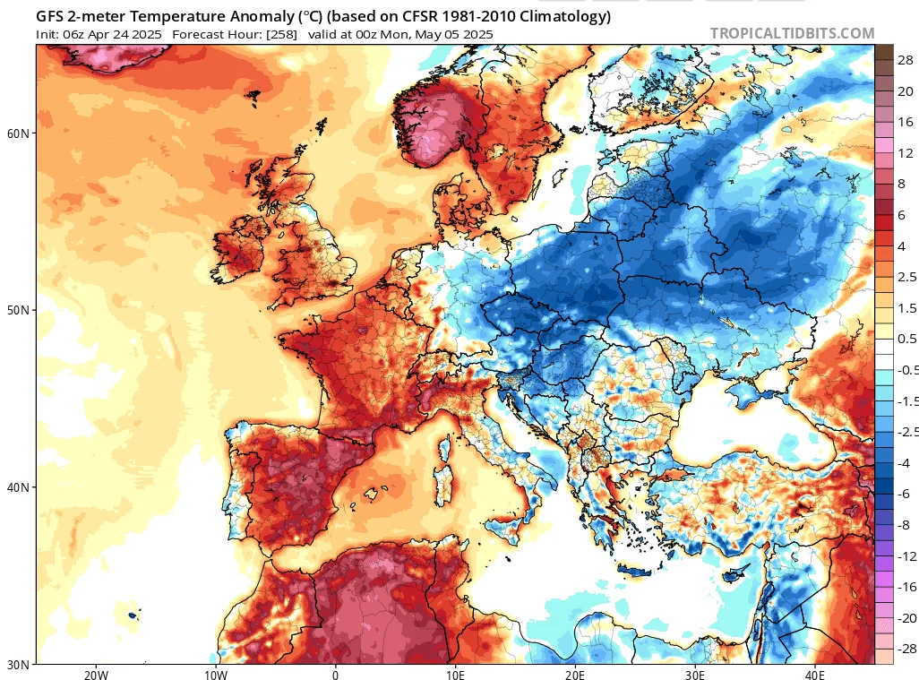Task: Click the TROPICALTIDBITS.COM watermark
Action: point(792,34)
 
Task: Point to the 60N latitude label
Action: point(18,133)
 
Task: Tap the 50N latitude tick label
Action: point(18,310)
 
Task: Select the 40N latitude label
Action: point(18,487)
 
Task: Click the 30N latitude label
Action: point(18,665)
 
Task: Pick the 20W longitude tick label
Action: point(96,675)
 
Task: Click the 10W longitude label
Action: point(216,675)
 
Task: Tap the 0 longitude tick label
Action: point(335,675)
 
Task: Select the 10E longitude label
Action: point(455,675)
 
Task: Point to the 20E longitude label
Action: point(575,675)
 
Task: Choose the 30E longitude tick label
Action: point(695,675)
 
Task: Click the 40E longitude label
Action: point(815,675)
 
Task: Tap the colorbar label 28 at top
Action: point(906,60)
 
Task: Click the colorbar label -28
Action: point(906,649)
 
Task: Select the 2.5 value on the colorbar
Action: point(906,277)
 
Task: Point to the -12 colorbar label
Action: point(906,556)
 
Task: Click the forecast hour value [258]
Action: point(281,35)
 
